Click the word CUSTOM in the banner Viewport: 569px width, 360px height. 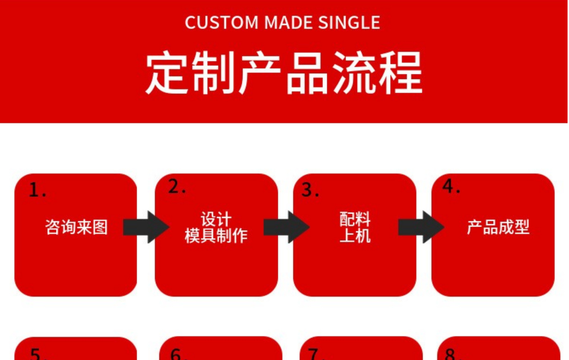[x=221, y=23]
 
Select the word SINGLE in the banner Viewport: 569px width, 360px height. [x=349, y=23]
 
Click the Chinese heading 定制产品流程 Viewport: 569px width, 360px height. [x=284, y=73]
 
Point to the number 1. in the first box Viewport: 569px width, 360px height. [x=37, y=190]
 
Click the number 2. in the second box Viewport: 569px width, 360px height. [x=176, y=187]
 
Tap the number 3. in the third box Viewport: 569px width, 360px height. [x=310, y=190]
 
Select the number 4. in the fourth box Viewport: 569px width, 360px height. [x=451, y=186]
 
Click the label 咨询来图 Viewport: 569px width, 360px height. [x=76, y=227]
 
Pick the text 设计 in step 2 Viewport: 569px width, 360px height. [x=216, y=219]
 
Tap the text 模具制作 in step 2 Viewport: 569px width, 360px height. [x=216, y=236]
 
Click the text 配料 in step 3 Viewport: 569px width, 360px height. [x=355, y=219]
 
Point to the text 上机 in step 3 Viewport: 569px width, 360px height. [x=355, y=236]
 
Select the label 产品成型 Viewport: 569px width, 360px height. [x=498, y=227]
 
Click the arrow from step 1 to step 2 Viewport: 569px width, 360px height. [x=145, y=227]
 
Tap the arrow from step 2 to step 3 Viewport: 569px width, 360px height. [x=286, y=227]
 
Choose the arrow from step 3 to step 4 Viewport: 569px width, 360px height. [x=421, y=227]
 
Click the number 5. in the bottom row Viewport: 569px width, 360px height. [x=37, y=354]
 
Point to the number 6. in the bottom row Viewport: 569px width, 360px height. [x=178, y=354]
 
